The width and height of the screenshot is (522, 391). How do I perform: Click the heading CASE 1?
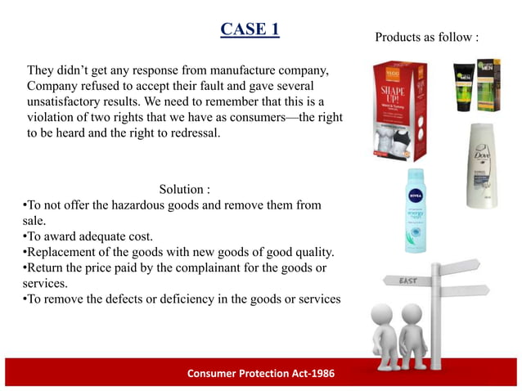pos(250,29)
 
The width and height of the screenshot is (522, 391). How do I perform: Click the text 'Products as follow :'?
pos(426,37)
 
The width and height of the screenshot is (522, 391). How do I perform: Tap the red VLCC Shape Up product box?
pos(399,110)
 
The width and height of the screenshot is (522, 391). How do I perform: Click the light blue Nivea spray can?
pos(416,211)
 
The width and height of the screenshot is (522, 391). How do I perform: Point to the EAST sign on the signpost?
pos(407,281)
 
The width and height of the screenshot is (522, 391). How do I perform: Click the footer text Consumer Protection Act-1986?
pos(261,373)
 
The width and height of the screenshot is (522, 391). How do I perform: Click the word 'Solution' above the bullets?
pos(178,189)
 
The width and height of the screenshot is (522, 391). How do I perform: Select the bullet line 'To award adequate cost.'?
pos(76,236)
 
